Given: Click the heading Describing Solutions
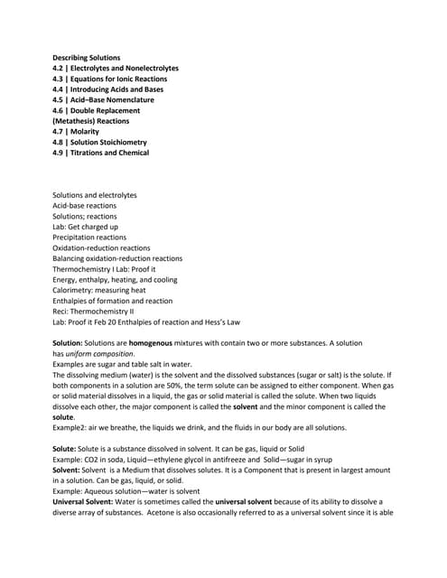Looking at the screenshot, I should [86, 58].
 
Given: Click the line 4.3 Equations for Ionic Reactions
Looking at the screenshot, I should [109, 79].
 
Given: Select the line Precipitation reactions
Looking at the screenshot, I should [89, 238].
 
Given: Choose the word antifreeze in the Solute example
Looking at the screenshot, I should [228, 460].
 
